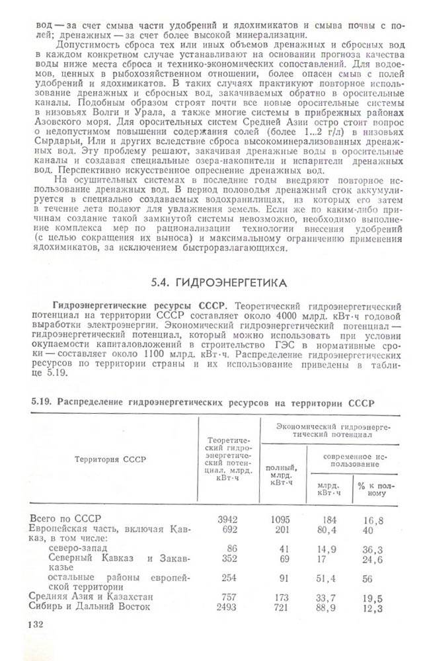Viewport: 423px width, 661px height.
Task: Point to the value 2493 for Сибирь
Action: point(227,607)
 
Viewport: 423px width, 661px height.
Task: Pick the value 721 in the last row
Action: point(285,607)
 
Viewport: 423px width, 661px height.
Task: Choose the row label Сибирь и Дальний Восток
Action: point(92,607)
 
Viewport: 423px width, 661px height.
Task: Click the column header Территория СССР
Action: point(110,459)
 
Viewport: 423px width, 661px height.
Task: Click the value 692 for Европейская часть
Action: point(227,529)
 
